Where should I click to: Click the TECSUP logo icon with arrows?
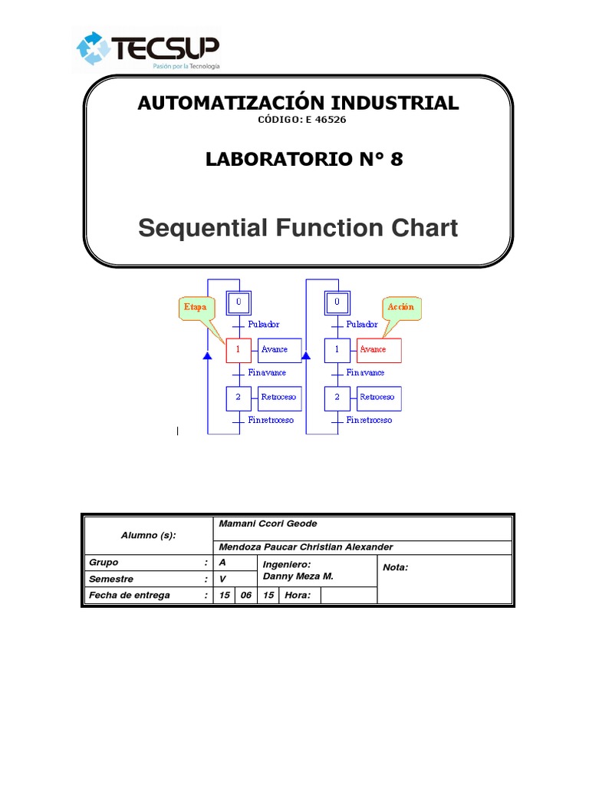pyautogui.click(x=93, y=48)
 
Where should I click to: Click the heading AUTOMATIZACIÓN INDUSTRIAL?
pyautogui.click(x=298, y=103)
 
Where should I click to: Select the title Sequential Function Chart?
pyautogui.click(x=298, y=228)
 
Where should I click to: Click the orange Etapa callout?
pyautogui.click(x=195, y=306)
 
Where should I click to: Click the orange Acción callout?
pyautogui.click(x=400, y=306)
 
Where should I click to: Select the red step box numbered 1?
pyautogui.click(x=239, y=350)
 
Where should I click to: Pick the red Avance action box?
pyautogui.click(x=378, y=350)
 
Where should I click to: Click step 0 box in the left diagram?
pyautogui.click(x=239, y=302)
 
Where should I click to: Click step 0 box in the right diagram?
pyautogui.click(x=337, y=302)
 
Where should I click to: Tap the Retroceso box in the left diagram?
pyautogui.click(x=279, y=398)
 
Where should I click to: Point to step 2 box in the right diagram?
pyautogui.click(x=337, y=398)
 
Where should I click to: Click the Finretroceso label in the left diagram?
pyautogui.click(x=271, y=421)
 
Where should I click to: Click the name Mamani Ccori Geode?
pyautogui.click(x=268, y=523)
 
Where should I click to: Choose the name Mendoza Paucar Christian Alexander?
pyautogui.click(x=305, y=547)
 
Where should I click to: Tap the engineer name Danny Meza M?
pyautogui.click(x=298, y=576)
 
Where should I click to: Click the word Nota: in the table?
pyautogui.click(x=396, y=567)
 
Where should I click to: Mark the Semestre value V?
pyautogui.click(x=223, y=580)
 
